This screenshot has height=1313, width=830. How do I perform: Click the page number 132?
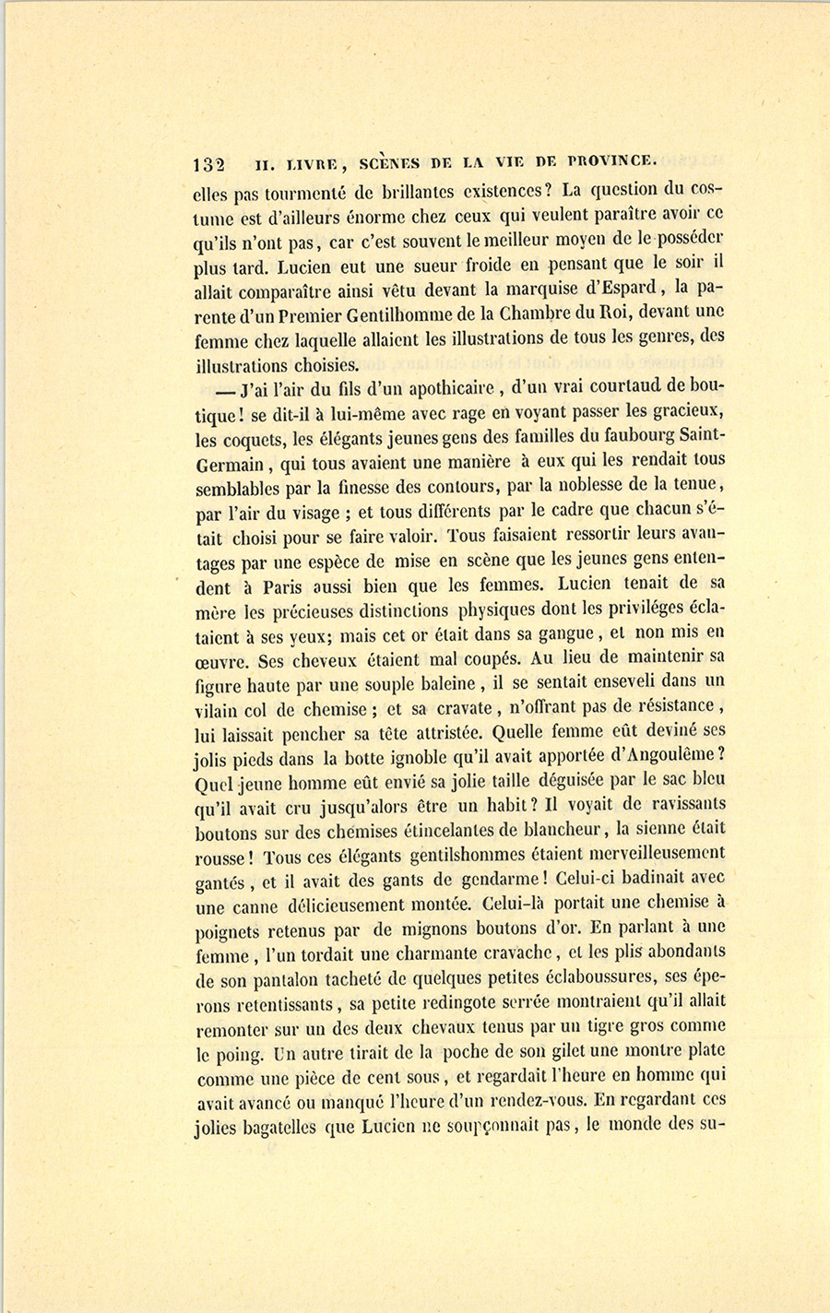[209, 165]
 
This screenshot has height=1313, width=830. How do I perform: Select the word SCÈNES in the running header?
[389, 163]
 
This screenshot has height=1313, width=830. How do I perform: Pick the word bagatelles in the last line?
[274, 1128]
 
